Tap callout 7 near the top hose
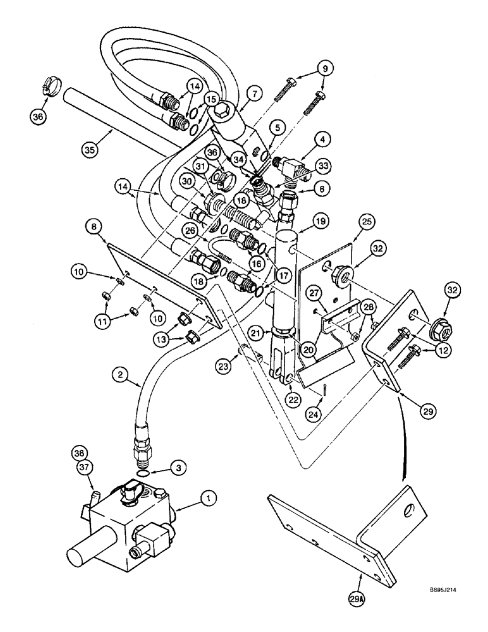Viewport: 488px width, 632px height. [323, 67]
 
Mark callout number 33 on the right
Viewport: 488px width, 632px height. [325, 167]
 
